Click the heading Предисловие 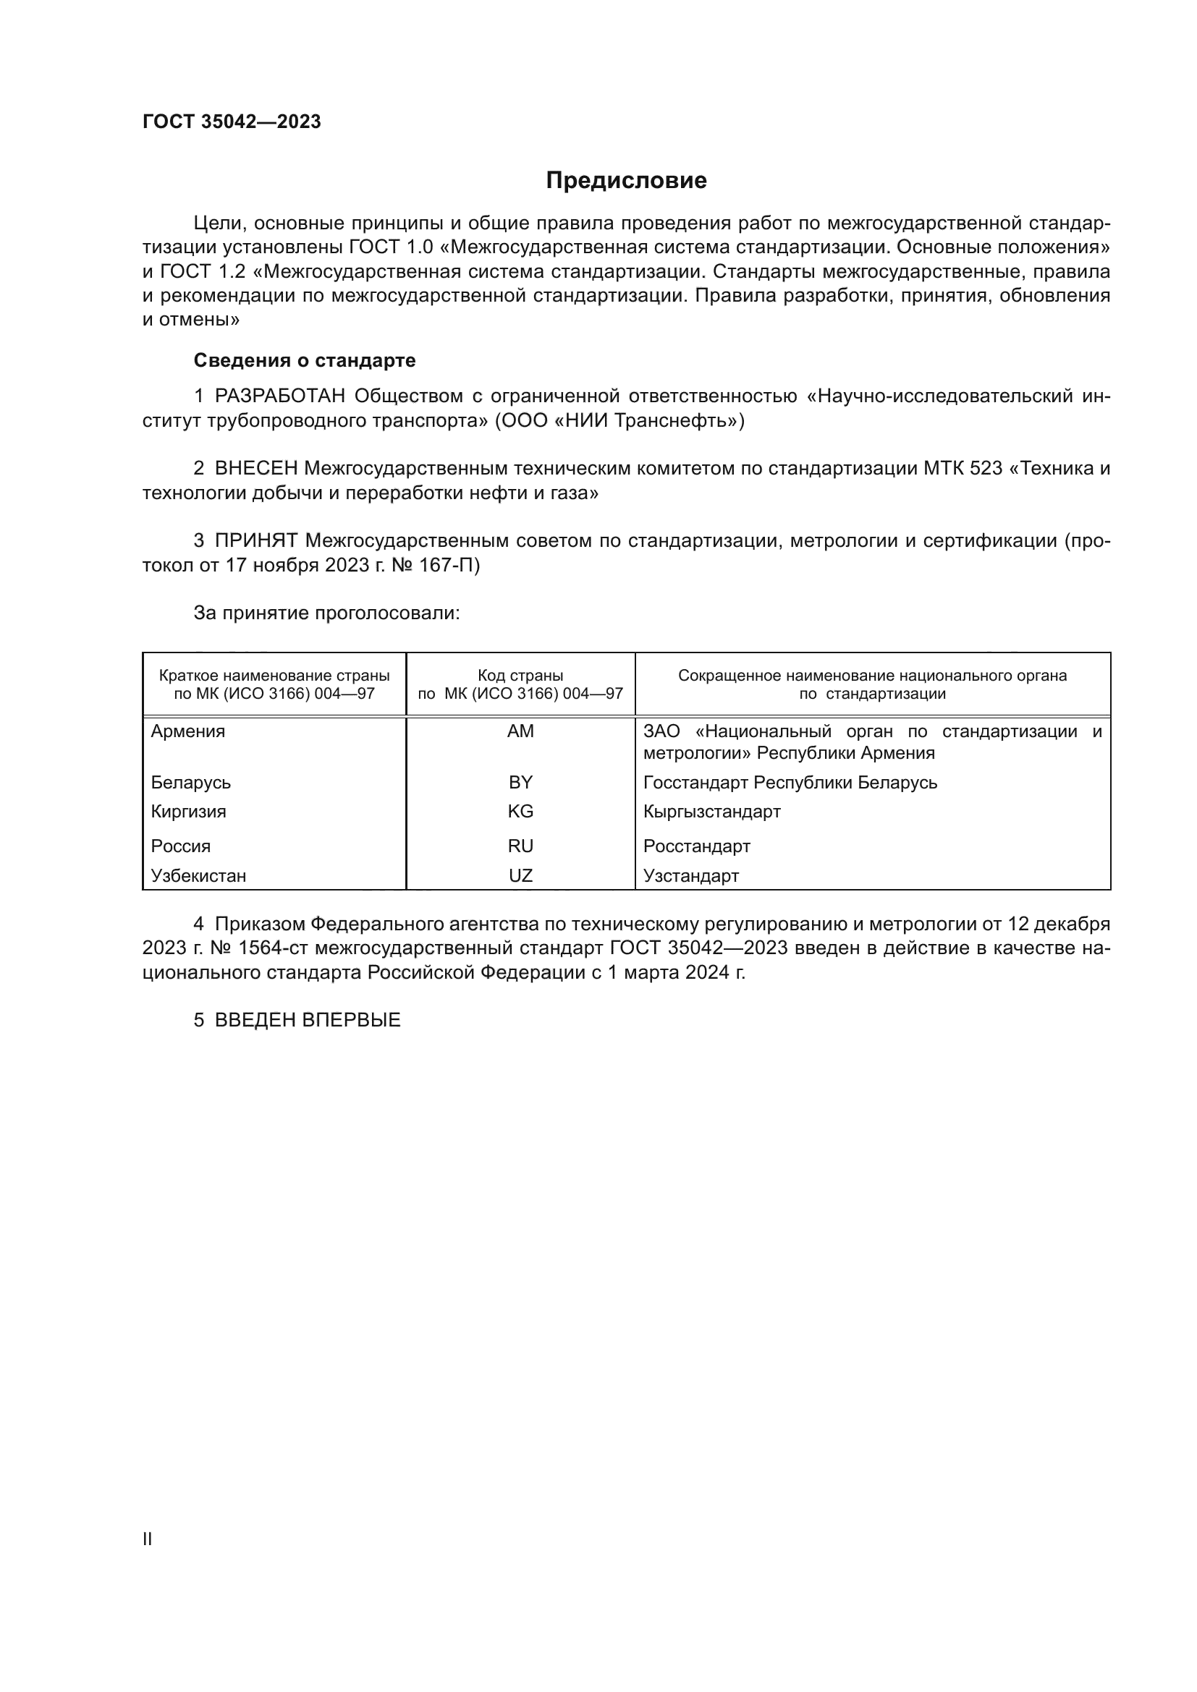click(x=626, y=181)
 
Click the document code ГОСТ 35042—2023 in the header click(x=232, y=122)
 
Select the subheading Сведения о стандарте click(x=305, y=360)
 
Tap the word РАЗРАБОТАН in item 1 click(x=279, y=396)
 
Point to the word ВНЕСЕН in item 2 click(x=255, y=469)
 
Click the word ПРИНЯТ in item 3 click(x=255, y=541)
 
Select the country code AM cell click(x=520, y=732)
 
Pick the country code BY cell click(x=520, y=783)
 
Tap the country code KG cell click(x=520, y=812)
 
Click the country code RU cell click(x=520, y=846)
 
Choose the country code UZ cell click(x=520, y=876)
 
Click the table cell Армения click(x=188, y=732)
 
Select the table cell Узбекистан click(x=198, y=876)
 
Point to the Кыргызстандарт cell click(x=711, y=812)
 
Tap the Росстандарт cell click(x=696, y=846)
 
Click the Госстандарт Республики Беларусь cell click(x=790, y=783)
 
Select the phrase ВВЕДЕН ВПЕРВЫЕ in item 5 click(x=308, y=1021)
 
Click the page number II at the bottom click(x=148, y=1539)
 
